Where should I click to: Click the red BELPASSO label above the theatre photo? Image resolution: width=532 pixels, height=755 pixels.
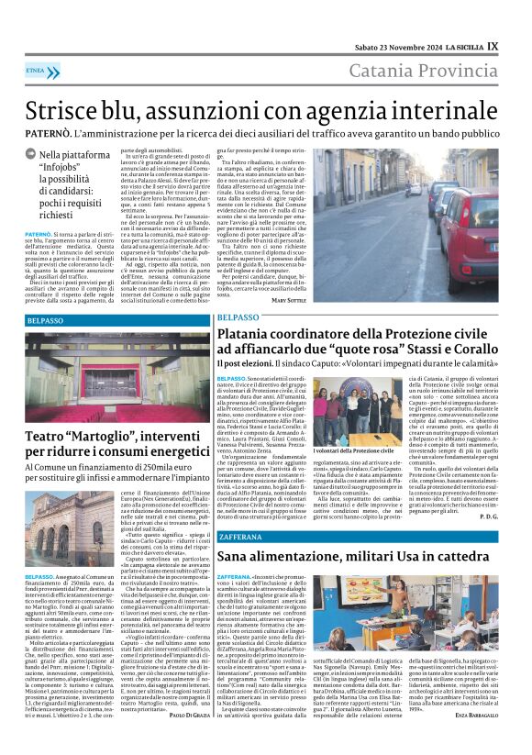(x=46, y=321)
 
